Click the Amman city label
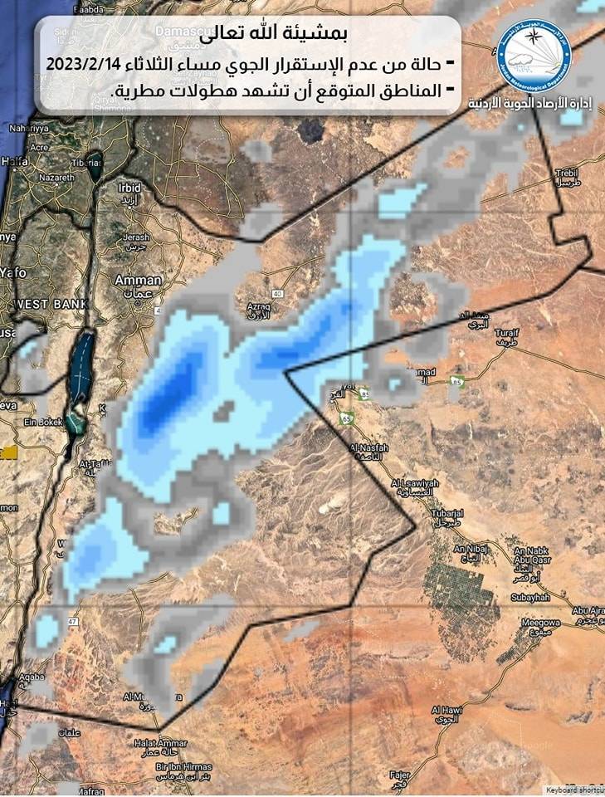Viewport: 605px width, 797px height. [139, 280]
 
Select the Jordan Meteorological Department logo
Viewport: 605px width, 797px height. [534, 56]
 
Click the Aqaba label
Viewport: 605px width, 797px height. [31, 677]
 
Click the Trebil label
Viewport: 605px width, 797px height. [565, 172]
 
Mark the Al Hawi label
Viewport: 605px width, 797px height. [446, 711]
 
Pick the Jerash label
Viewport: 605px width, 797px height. [135, 237]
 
